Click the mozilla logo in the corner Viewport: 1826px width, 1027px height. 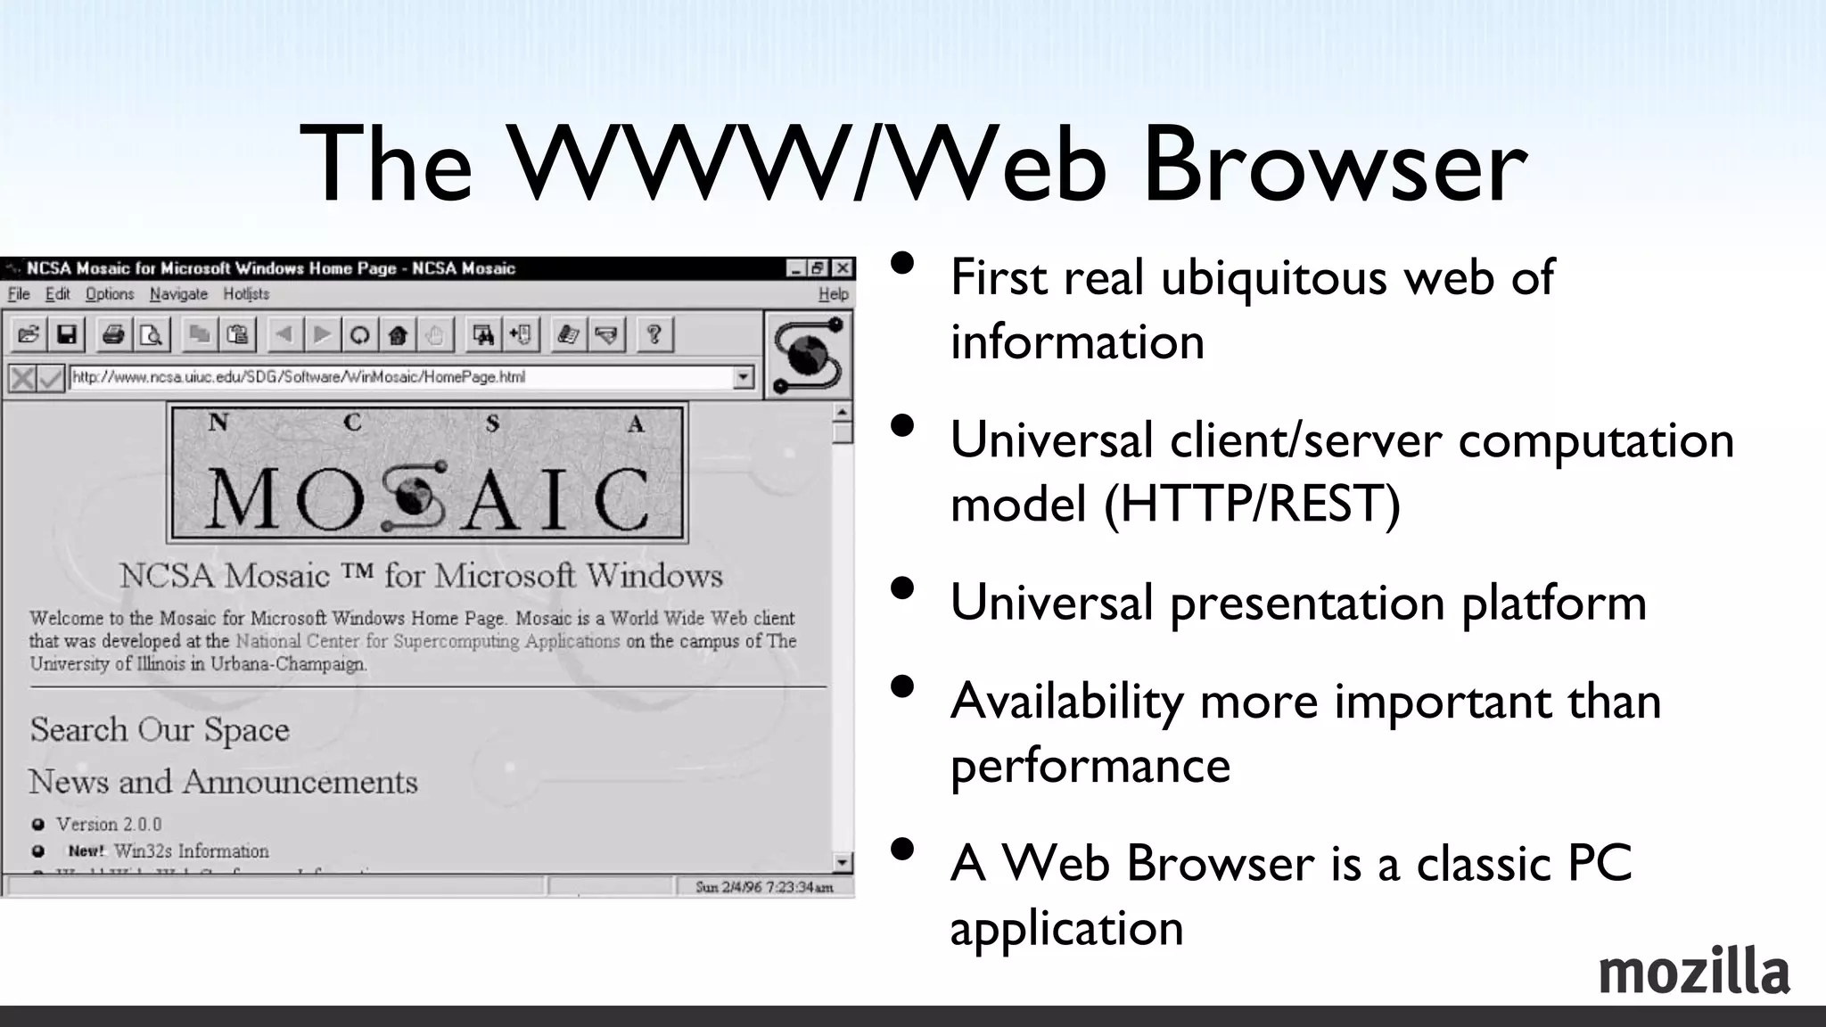click(x=1693, y=972)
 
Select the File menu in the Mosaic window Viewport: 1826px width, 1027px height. click(x=19, y=294)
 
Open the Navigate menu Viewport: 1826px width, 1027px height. click(x=178, y=294)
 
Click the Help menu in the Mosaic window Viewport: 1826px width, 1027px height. click(x=833, y=294)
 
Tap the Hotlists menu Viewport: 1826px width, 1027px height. click(x=246, y=294)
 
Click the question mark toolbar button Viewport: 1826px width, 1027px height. click(x=654, y=335)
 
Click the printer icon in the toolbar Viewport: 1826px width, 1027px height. click(x=113, y=335)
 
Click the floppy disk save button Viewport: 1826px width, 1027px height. click(x=67, y=335)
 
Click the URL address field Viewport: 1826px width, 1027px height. click(x=401, y=377)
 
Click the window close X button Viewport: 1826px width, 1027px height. click(x=843, y=268)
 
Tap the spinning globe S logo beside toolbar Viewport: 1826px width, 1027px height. click(x=808, y=356)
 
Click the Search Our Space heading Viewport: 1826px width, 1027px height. click(x=160, y=729)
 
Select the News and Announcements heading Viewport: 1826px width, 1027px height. click(x=223, y=782)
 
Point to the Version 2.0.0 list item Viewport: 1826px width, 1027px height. click(x=109, y=824)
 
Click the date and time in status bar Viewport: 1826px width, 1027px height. click(x=764, y=886)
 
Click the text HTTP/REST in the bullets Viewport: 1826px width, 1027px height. click(x=1253, y=504)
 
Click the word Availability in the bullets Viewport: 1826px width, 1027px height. click(x=1066, y=701)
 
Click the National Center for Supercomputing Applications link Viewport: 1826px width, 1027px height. click(x=428, y=641)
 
